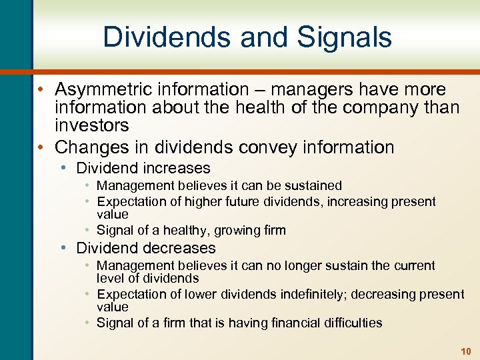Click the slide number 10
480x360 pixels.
tap(465, 351)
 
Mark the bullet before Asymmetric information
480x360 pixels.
tap(41, 89)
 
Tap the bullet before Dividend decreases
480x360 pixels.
tap(63, 248)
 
